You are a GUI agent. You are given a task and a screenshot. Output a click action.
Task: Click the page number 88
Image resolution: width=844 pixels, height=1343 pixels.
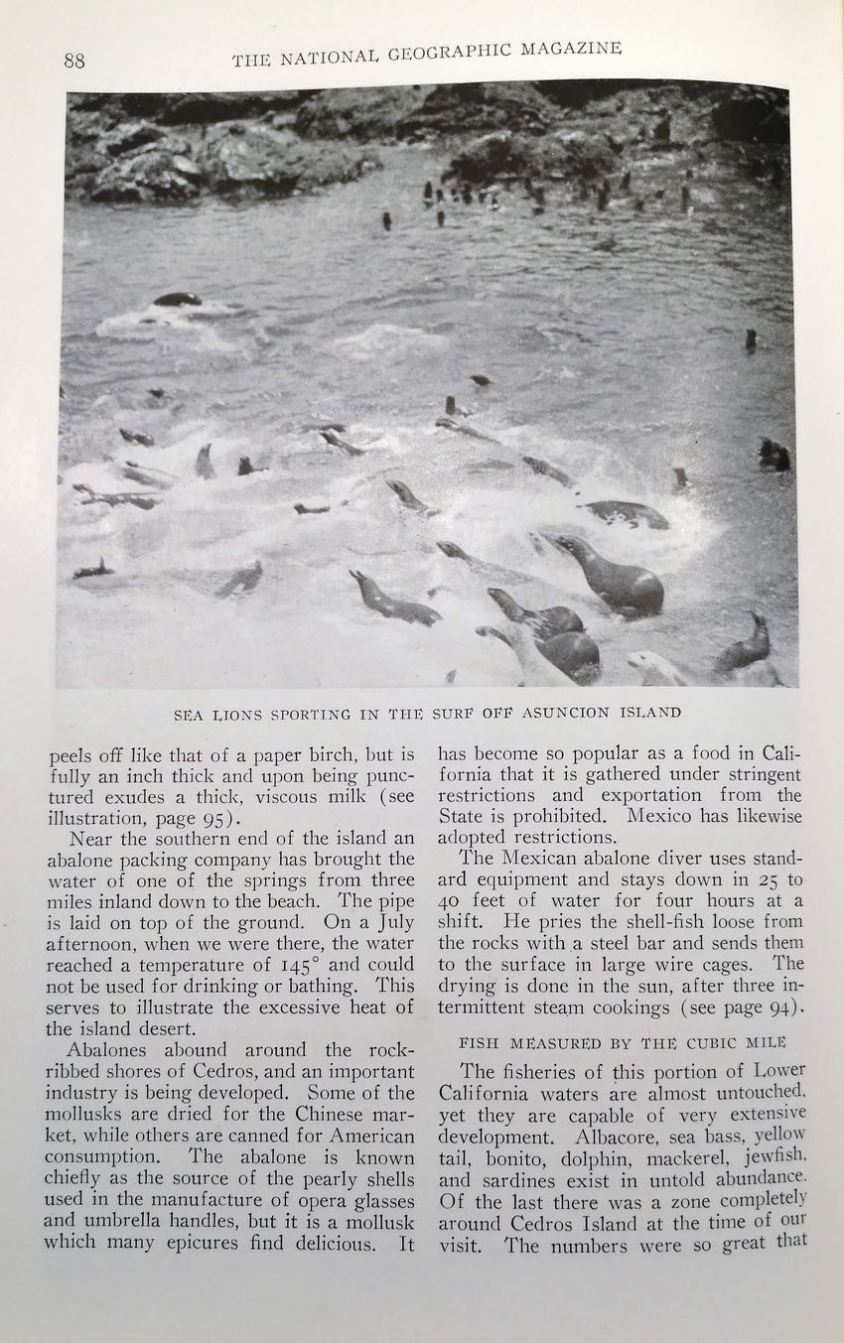point(74,61)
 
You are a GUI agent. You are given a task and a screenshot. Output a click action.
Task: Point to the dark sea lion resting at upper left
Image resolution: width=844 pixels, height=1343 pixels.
point(178,299)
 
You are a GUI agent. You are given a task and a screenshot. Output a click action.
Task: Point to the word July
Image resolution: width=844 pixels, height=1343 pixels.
point(389,921)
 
